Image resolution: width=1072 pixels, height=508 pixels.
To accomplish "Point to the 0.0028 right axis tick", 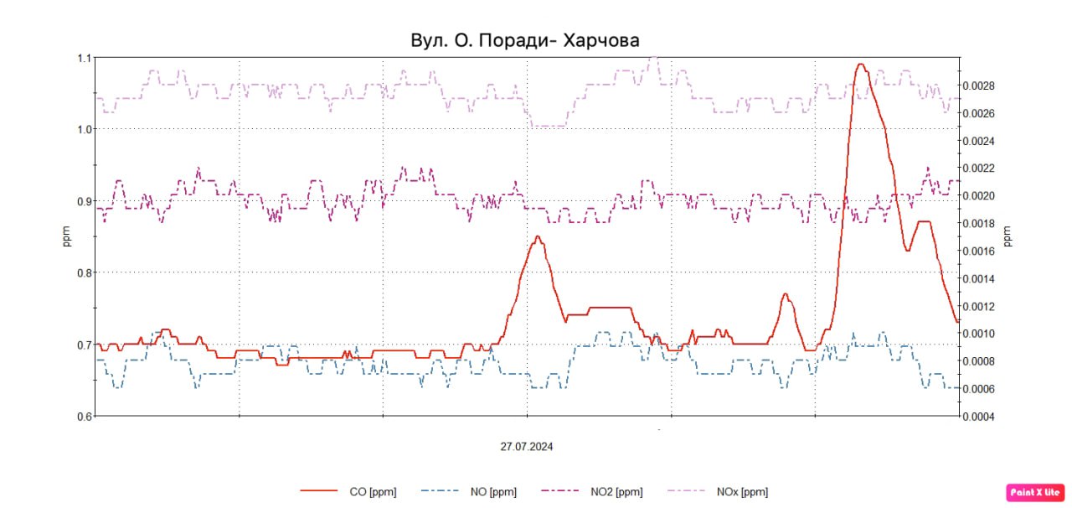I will [977, 86].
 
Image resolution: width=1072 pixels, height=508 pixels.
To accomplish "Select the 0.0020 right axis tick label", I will [977, 195].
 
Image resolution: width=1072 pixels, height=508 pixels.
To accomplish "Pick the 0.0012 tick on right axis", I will [977, 306].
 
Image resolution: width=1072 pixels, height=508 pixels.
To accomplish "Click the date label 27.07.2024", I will [527, 447].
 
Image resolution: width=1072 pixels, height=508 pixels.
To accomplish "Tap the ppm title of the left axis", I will [68, 237].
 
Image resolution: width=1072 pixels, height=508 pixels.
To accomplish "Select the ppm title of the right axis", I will [1008, 236].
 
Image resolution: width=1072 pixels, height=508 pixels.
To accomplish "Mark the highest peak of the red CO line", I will [860, 65].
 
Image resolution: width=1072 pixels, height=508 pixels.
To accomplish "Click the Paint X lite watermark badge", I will [1036, 492].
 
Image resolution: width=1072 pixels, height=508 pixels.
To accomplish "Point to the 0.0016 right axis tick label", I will [977, 251].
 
